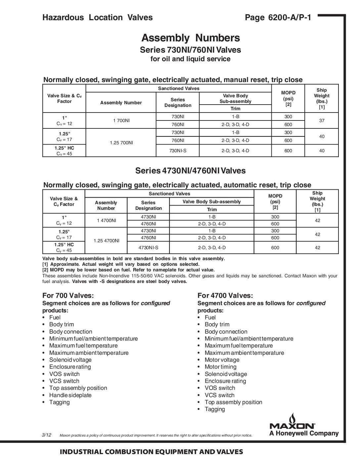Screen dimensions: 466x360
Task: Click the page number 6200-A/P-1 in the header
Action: point(278,18)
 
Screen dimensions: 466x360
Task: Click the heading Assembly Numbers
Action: point(191,38)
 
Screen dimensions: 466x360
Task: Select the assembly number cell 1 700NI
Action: point(121,120)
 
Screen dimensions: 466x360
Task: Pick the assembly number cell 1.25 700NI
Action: point(121,143)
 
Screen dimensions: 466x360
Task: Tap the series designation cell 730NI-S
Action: point(178,151)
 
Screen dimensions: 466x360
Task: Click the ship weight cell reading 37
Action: point(322,120)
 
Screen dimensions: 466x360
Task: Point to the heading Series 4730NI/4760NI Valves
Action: point(190,171)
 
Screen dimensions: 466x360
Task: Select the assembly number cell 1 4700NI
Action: point(106,220)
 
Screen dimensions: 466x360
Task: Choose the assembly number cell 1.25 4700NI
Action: point(106,241)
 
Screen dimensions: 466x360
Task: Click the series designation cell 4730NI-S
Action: point(148,248)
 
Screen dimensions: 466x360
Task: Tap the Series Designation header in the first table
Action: point(178,103)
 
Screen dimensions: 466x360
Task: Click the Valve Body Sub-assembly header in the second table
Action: point(212,202)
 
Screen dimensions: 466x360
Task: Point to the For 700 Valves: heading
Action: point(68,296)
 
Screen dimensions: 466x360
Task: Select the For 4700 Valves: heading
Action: point(225,296)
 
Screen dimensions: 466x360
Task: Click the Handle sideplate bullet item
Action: point(70,395)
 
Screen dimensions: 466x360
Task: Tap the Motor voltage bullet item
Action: point(222,360)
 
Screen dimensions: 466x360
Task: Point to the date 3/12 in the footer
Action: point(47,435)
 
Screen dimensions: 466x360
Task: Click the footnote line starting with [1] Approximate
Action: point(121,264)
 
